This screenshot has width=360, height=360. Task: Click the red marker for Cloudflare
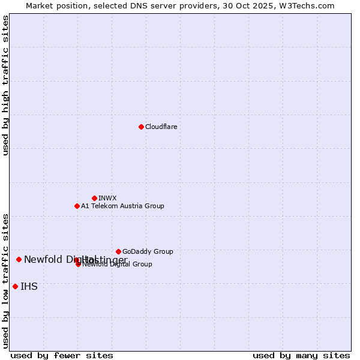pos(141,127)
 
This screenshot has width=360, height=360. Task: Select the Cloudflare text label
pos(161,127)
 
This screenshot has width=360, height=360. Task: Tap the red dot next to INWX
pos(94,198)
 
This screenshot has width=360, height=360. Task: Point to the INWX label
pos(107,198)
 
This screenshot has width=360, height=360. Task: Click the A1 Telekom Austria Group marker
pos(77,206)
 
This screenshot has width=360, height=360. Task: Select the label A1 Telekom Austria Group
pos(122,206)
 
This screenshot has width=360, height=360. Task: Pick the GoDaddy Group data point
pos(118,251)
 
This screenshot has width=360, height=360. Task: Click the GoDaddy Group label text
pos(148,251)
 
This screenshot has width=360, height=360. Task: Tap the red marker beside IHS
pos(15,286)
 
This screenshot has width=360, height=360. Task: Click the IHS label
pos(29,286)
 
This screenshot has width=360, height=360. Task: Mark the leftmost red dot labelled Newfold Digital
pos(19,259)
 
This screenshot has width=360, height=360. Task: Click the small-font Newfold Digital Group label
pos(117,264)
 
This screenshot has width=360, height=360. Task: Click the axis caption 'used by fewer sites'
pos(62,355)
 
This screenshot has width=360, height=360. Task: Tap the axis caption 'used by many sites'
pos(301,355)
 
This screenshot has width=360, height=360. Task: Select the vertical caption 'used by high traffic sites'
pos(6,85)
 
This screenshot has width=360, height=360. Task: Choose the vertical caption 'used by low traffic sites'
pos(6,281)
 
